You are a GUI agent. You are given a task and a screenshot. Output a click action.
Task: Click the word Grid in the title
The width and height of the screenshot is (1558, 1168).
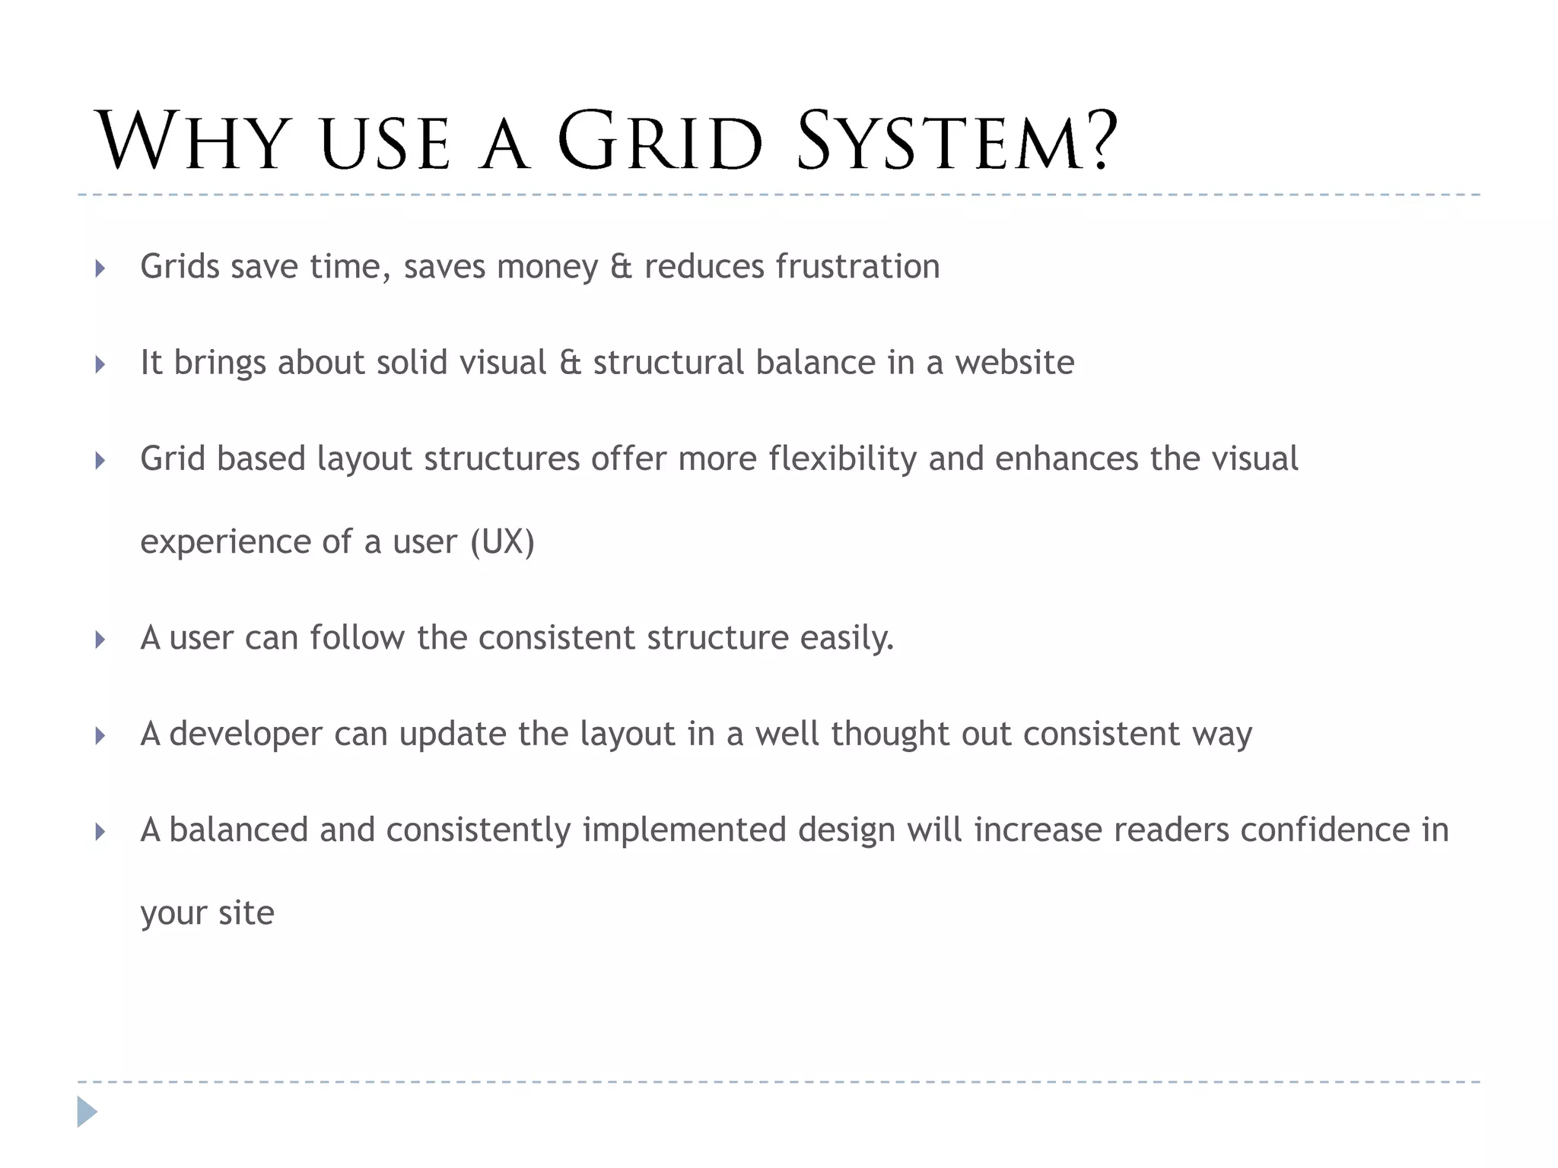pos(660,142)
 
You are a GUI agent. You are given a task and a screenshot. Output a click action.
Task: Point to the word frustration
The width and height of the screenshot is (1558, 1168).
pos(857,267)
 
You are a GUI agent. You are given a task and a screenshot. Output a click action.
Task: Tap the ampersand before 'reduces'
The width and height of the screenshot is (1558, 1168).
pos(621,267)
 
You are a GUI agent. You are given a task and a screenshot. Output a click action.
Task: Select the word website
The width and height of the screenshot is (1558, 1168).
pos(1015,363)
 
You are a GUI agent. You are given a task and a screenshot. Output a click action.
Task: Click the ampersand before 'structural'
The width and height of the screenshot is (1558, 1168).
pos(570,363)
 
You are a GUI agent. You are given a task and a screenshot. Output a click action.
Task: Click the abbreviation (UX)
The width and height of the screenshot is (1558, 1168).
pos(502,542)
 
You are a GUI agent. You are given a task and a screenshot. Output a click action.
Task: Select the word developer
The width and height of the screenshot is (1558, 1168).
pos(246,735)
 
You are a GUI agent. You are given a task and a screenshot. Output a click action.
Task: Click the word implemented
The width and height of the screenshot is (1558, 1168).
pos(684,830)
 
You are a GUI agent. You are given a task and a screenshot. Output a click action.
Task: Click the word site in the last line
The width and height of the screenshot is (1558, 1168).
pos(246,913)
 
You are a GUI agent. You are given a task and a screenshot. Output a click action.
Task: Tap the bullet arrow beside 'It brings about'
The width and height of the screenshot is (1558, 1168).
pos(100,364)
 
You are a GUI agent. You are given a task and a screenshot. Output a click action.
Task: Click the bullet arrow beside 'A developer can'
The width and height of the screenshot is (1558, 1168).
pos(100,735)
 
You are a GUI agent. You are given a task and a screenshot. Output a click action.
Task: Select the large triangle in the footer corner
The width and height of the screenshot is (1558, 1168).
pos(87,1112)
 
